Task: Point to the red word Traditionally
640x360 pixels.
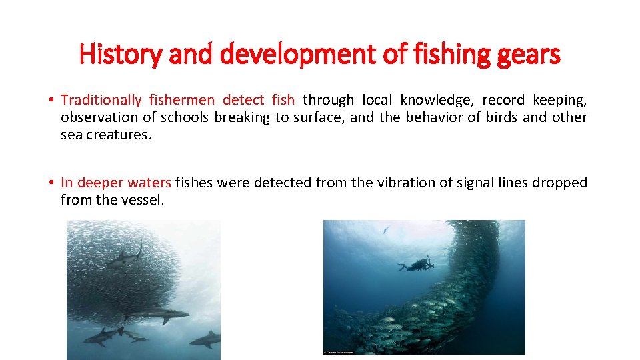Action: (101, 101)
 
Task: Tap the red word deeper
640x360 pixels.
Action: (101, 183)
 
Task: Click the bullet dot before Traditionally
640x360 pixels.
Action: (51, 101)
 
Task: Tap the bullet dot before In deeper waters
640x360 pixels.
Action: (51, 183)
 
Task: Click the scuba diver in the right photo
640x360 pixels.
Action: (417, 264)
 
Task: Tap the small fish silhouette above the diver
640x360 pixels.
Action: (386, 229)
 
